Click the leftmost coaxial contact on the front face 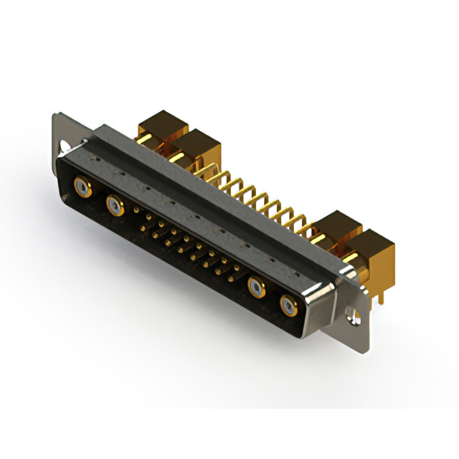pyautogui.click(x=83, y=189)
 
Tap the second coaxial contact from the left pyautogui.click(x=113, y=207)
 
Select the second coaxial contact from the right pyautogui.click(x=257, y=289)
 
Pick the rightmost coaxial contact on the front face pyautogui.click(x=288, y=306)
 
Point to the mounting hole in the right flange pyautogui.click(x=351, y=313)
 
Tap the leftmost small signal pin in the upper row pyautogui.click(x=138, y=211)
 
